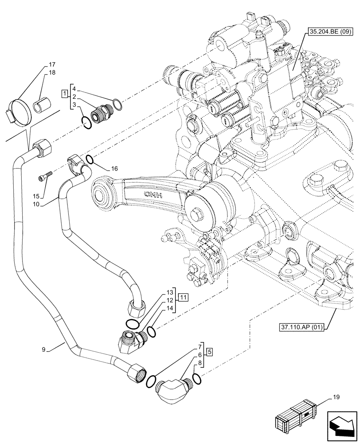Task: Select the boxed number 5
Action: [x=209, y=353]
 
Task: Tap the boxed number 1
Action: [x=65, y=94]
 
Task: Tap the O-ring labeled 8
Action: [x=197, y=378]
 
